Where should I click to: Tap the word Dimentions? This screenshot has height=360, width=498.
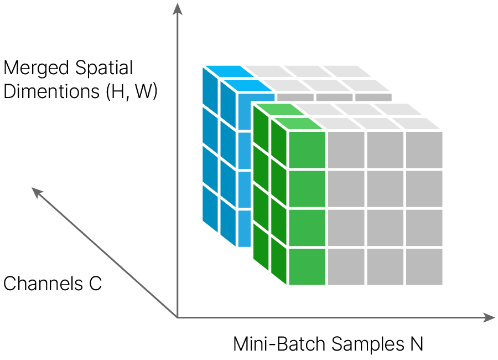(x=51, y=91)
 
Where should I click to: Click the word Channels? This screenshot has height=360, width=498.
(x=43, y=284)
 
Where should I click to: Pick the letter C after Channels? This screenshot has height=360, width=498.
(x=95, y=284)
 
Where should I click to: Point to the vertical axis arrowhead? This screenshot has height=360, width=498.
(x=177, y=9)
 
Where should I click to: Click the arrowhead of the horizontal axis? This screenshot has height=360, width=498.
(x=489, y=317)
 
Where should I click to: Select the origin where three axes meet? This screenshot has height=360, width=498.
(x=177, y=317)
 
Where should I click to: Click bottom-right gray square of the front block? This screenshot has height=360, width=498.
(x=424, y=267)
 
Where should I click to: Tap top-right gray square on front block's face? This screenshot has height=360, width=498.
(x=424, y=150)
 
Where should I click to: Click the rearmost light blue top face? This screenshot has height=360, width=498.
(x=229, y=71)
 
